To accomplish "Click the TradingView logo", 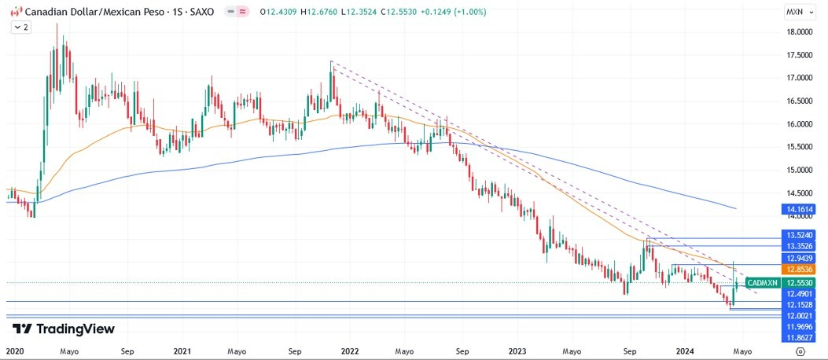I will point(64,329).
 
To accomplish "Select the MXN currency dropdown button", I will point(798,12).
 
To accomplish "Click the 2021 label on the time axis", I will point(182,351).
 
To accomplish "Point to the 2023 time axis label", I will point(517,351).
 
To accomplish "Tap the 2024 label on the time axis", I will point(685,351).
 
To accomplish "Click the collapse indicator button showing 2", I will point(20,27).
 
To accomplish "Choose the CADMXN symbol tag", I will point(762,282).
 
